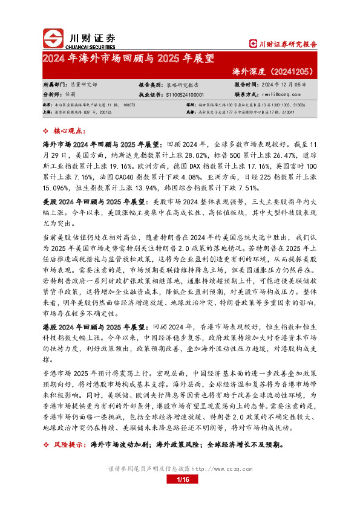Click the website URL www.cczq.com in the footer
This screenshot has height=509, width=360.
point(227,468)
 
